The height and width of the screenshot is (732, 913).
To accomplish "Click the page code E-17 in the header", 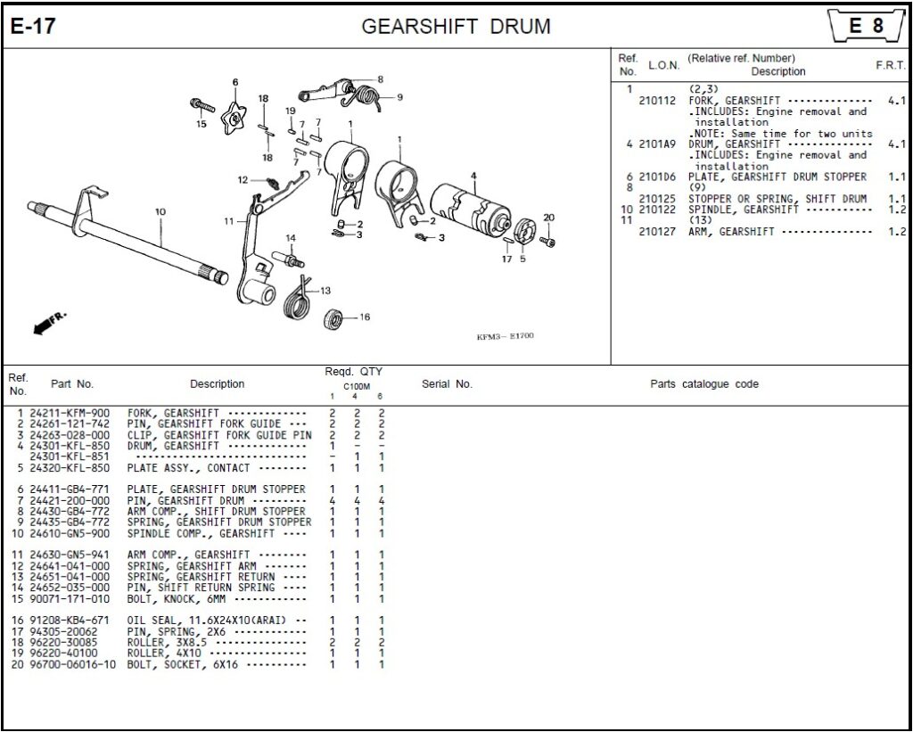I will tap(33, 26).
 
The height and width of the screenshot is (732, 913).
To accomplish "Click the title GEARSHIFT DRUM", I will tap(456, 26).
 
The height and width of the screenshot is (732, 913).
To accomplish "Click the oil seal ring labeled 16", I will tap(335, 317).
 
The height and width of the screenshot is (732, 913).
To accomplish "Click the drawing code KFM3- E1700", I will tap(504, 337).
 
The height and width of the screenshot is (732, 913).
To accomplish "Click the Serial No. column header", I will tap(447, 384).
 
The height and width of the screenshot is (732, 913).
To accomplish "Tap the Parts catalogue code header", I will tap(703, 384).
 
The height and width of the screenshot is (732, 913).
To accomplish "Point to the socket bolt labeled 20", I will tap(547, 241).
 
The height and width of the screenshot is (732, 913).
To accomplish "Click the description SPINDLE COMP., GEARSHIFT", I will tap(200, 533).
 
